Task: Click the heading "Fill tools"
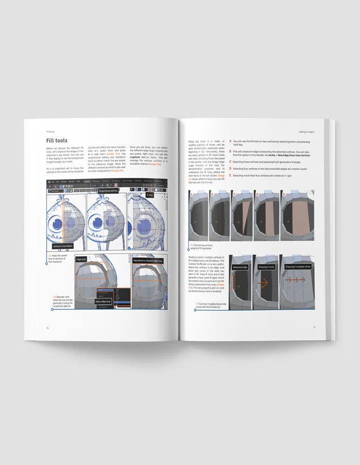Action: point(57,140)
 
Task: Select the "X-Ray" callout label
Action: point(150,195)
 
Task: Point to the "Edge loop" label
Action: point(81,260)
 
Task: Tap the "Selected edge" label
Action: point(241,267)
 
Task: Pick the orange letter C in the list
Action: point(230,162)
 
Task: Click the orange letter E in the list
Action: point(230,175)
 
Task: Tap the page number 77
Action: point(314,327)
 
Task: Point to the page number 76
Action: point(47,327)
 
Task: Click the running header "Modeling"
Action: point(50,131)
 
